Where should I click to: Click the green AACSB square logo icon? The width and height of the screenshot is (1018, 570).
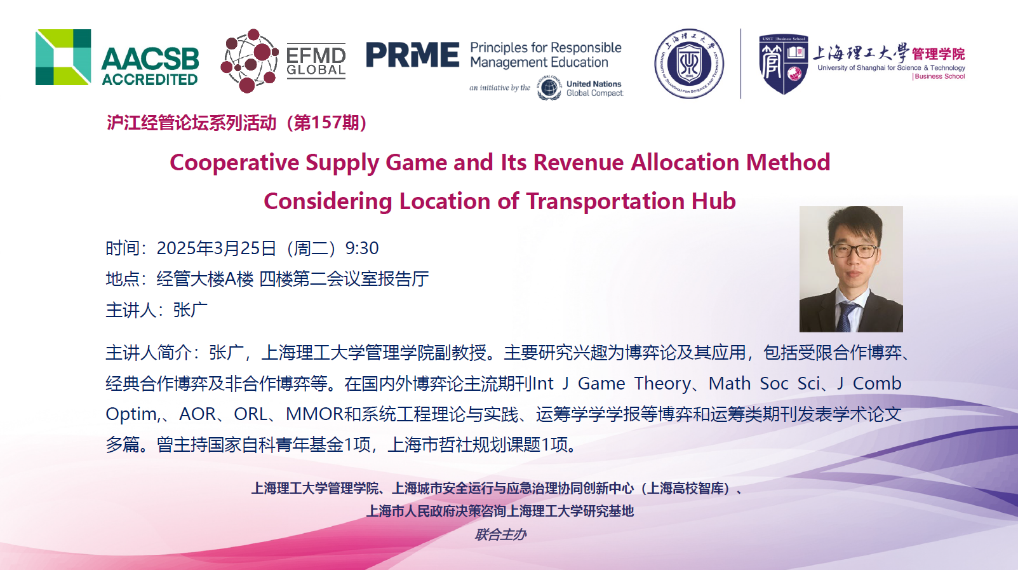click(63, 57)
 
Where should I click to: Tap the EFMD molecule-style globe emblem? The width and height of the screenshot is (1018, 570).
click(249, 60)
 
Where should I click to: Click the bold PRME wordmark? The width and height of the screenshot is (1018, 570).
click(412, 55)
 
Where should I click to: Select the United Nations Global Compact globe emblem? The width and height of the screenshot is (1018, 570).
click(549, 87)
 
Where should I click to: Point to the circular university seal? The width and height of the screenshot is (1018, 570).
click(689, 64)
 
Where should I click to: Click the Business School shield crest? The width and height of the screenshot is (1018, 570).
click(783, 64)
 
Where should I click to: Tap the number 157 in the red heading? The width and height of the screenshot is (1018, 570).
click(326, 123)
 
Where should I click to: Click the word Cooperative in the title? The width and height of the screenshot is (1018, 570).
click(234, 163)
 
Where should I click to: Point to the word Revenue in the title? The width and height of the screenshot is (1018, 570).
click(579, 163)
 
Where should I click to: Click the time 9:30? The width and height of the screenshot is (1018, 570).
click(362, 248)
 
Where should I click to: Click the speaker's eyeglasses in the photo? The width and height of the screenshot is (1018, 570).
click(854, 250)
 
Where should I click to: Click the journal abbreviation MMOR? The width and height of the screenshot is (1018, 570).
click(314, 414)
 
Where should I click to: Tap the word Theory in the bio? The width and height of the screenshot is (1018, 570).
click(662, 384)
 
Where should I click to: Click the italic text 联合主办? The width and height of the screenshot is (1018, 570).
click(500, 534)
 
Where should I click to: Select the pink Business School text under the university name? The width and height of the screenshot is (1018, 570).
click(939, 76)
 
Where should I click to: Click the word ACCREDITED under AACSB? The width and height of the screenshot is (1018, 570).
click(150, 79)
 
